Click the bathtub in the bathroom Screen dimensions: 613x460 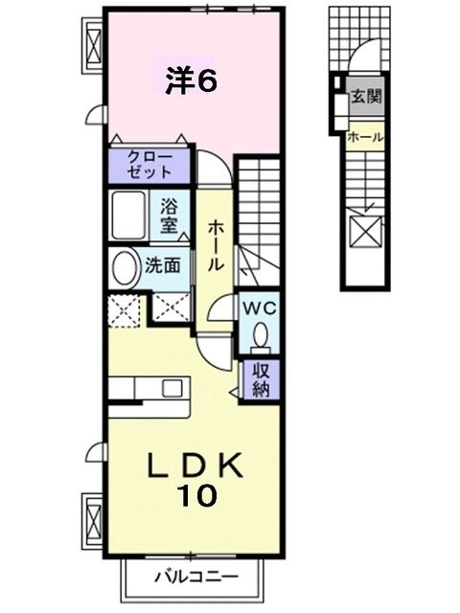[x=127, y=216]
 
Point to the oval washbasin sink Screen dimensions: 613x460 [x=123, y=269]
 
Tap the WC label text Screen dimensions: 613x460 [x=260, y=308]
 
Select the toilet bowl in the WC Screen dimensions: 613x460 [x=260, y=333]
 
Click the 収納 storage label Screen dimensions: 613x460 [x=260, y=378]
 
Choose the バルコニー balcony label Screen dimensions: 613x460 [x=193, y=578]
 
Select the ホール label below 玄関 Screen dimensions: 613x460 [x=365, y=137]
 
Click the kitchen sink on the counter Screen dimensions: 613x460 [x=172, y=388]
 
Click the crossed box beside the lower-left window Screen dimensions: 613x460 [x=93, y=517]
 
